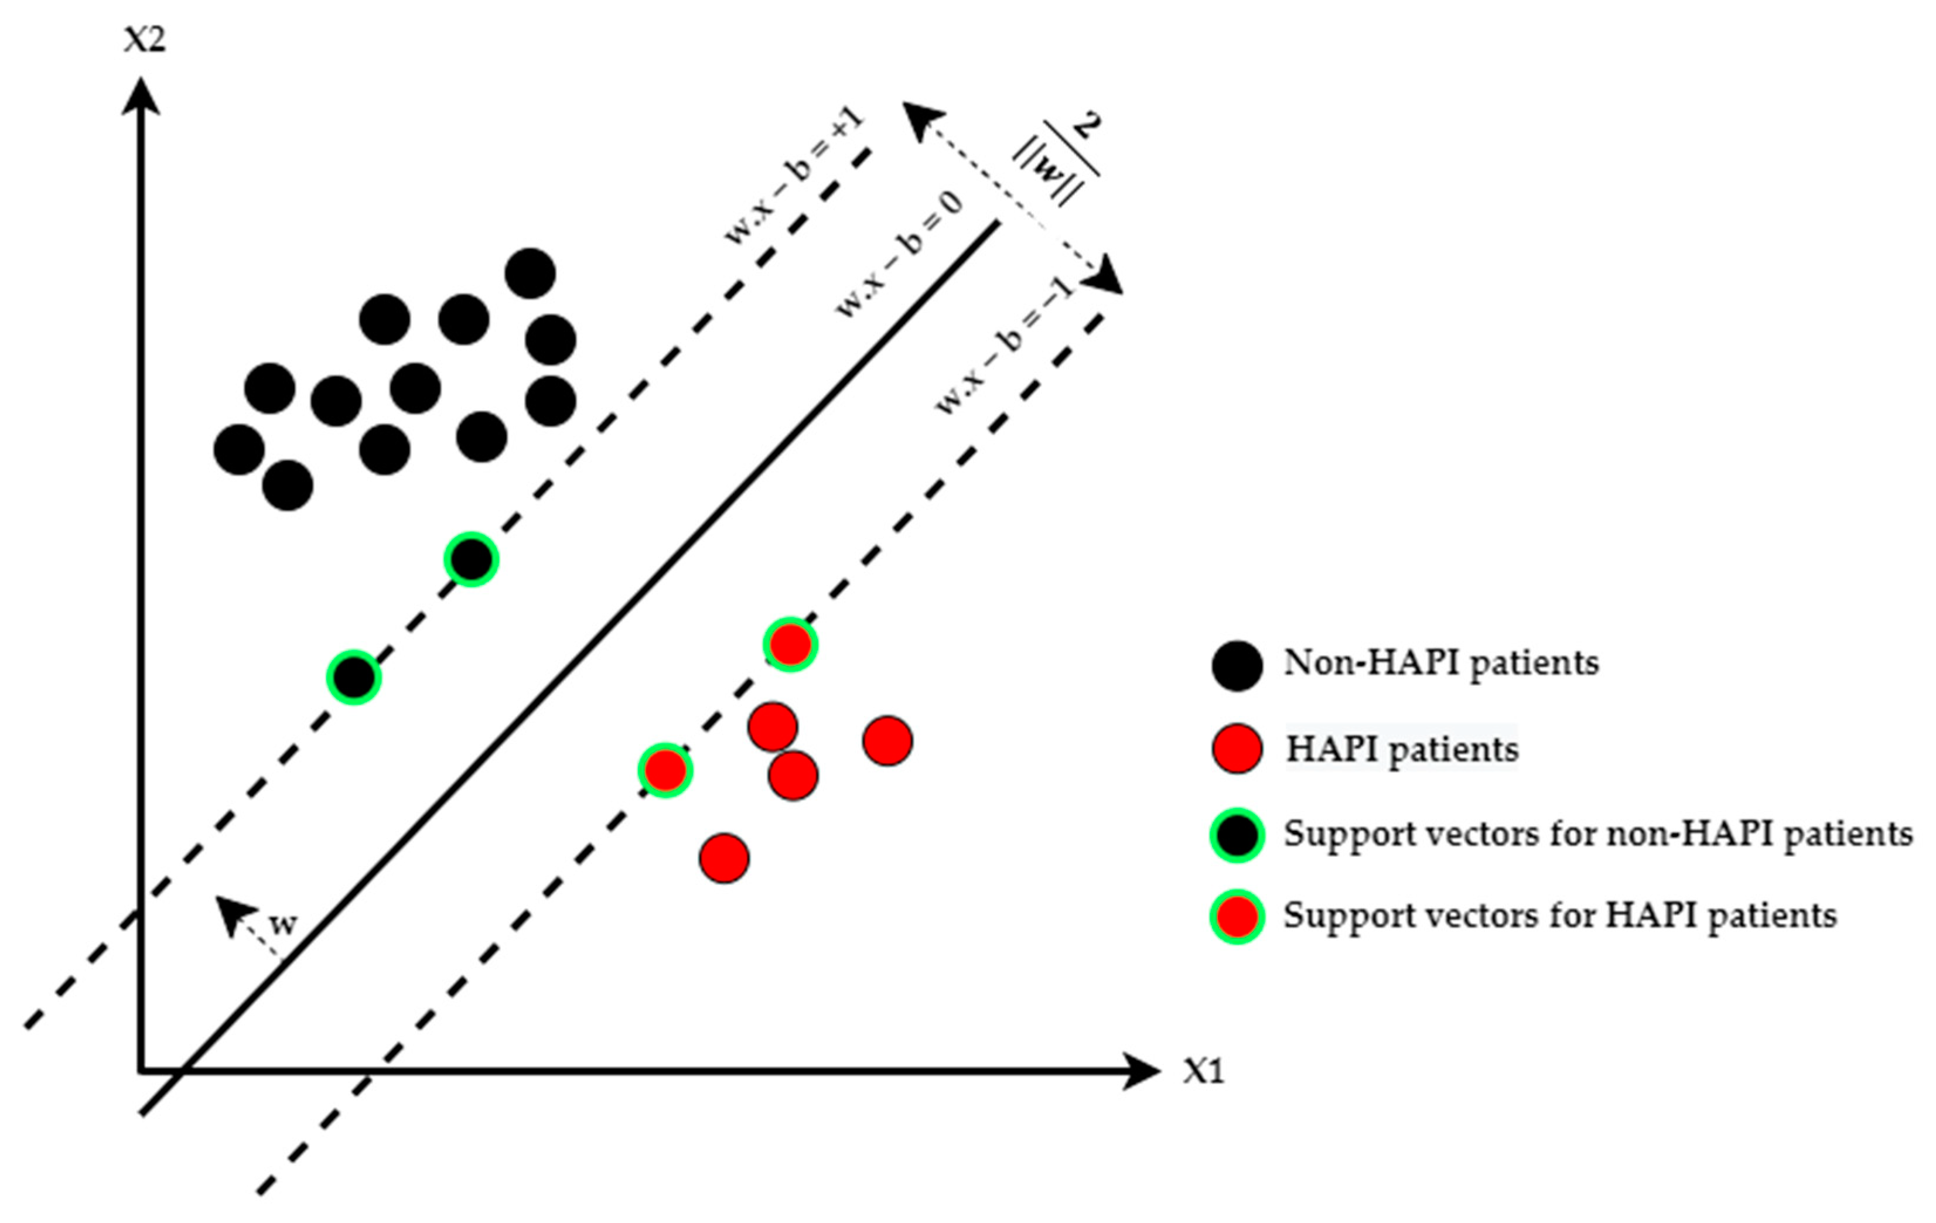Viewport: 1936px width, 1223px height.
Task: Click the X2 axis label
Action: pyautogui.click(x=145, y=39)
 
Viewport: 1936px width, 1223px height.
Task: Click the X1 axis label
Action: pyautogui.click(x=1203, y=1071)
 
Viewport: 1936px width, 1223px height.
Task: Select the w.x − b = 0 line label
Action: pyautogui.click(x=900, y=256)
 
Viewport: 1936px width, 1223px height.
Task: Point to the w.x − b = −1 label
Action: pyautogui.click(x=1005, y=347)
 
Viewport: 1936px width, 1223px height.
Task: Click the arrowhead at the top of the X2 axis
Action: pyautogui.click(x=142, y=95)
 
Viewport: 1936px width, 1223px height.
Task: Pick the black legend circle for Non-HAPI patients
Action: pyautogui.click(x=1237, y=666)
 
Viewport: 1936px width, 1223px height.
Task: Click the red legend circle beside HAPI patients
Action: pyautogui.click(x=1237, y=749)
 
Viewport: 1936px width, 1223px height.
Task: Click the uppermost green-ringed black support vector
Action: pyautogui.click(x=471, y=559)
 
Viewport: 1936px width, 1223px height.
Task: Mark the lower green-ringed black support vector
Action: pyautogui.click(x=354, y=678)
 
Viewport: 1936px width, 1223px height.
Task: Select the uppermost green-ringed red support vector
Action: pyautogui.click(x=790, y=644)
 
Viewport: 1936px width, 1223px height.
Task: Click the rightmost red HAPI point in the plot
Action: pyautogui.click(x=887, y=740)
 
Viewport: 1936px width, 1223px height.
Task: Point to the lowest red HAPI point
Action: pyautogui.click(x=725, y=858)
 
